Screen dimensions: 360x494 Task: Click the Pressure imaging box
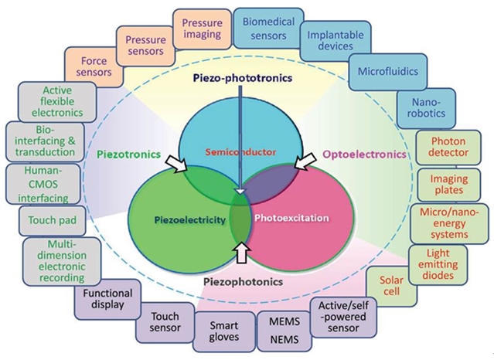click(x=203, y=29)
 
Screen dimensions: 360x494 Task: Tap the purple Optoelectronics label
click(x=365, y=155)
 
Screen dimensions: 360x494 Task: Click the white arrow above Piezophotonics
click(x=242, y=250)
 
